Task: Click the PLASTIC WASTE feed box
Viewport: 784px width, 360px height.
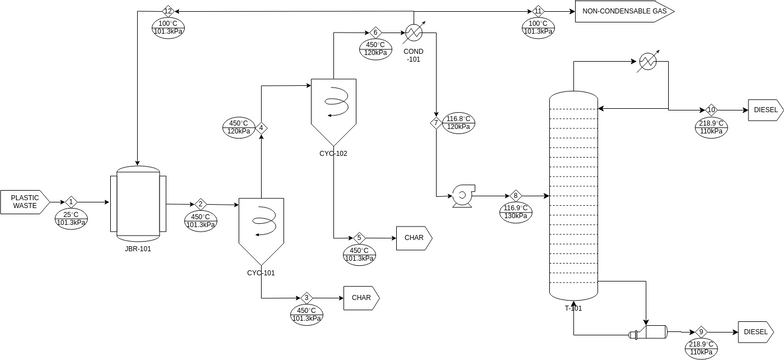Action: pyautogui.click(x=24, y=202)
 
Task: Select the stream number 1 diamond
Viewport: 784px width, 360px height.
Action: pyautogui.click(x=71, y=202)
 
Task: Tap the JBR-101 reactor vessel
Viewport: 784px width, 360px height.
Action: pyautogui.click(x=138, y=202)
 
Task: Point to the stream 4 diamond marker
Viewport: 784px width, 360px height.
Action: pyautogui.click(x=261, y=128)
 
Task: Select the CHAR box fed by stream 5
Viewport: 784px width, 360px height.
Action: pyautogui.click(x=414, y=238)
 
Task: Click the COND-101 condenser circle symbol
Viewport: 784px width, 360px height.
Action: pyautogui.click(x=414, y=32)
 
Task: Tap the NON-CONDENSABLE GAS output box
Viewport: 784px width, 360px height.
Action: pyautogui.click(x=625, y=10)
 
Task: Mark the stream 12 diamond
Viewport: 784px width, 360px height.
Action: pyautogui.click(x=168, y=11)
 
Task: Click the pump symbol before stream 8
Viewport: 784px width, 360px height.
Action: pyautogui.click(x=463, y=196)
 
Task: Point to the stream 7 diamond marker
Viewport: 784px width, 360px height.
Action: pyautogui.click(x=436, y=122)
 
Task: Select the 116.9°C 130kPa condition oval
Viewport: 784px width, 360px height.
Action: pyautogui.click(x=516, y=212)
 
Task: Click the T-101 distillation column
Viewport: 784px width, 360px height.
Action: pyautogui.click(x=574, y=196)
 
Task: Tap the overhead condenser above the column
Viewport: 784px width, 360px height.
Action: pyautogui.click(x=648, y=62)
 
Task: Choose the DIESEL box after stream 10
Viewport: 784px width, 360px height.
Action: pyautogui.click(x=766, y=110)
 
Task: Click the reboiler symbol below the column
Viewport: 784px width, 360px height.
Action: pyautogui.click(x=648, y=332)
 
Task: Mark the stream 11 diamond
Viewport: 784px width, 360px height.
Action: pyautogui.click(x=538, y=11)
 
